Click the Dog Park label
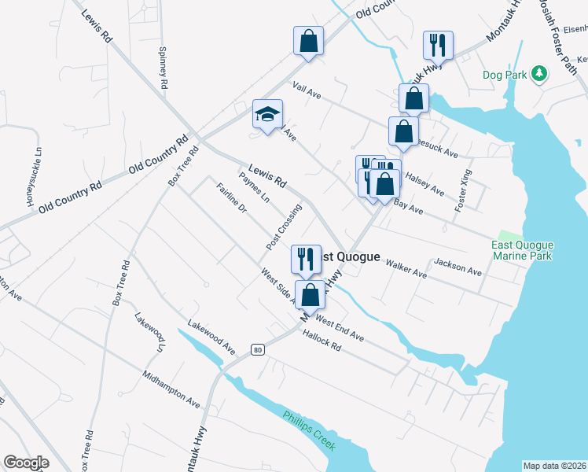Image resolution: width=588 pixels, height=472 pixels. coord(504,76)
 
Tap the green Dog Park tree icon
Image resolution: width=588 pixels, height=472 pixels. coord(538,74)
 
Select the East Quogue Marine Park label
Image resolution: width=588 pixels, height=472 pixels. coord(523,250)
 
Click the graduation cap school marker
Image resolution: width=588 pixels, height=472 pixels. coord(267,114)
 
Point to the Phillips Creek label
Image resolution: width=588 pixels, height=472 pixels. coord(309,431)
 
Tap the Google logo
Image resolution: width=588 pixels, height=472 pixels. coord(27,463)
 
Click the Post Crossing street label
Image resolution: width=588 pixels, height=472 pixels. coord(284,227)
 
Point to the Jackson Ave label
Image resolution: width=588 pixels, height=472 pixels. coord(458,267)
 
